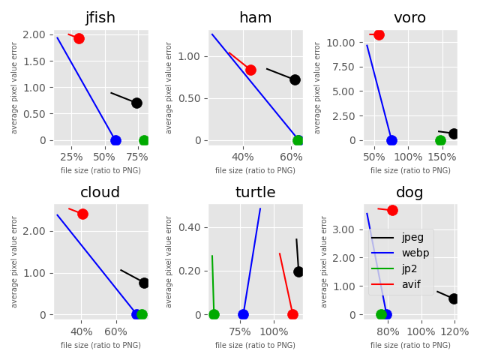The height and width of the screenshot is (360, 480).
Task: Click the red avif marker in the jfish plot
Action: click(x=79, y=38)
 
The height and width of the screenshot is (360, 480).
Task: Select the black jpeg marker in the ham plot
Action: click(x=295, y=79)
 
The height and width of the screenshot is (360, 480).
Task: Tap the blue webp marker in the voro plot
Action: click(x=391, y=140)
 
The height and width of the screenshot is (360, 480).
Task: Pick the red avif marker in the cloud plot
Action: click(x=82, y=214)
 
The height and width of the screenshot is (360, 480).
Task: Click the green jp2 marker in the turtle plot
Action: click(x=214, y=314)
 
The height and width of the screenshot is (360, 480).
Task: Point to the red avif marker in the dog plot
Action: click(x=392, y=210)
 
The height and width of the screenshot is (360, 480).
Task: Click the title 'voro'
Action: click(x=409, y=18)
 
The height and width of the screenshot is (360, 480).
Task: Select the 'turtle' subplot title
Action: click(x=255, y=193)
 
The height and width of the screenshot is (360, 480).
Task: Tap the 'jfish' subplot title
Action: click(x=100, y=18)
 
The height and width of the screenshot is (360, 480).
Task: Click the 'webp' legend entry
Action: click(x=415, y=253)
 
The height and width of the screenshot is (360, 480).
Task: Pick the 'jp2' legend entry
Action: click(x=411, y=268)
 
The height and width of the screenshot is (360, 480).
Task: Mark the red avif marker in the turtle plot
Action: click(x=292, y=314)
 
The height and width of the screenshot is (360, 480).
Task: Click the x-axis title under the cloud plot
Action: click(x=100, y=345)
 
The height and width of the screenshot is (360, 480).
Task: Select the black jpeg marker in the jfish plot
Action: click(x=136, y=103)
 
